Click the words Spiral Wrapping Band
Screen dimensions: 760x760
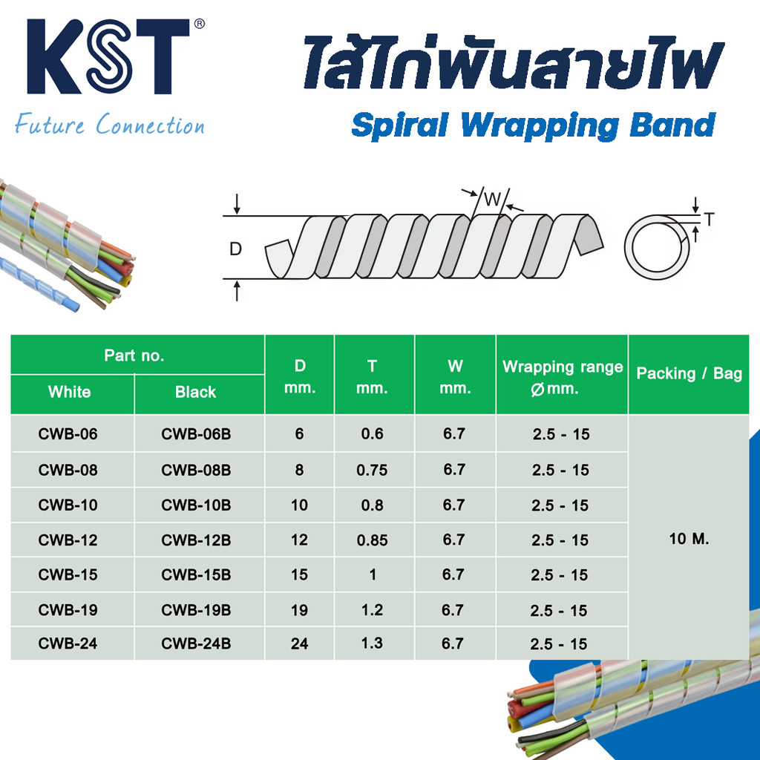pyautogui.click(x=533, y=125)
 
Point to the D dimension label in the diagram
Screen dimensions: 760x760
pyautogui.click(x=235, y=249)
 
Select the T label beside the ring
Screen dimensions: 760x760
pyautogui.click(x=709, y=219)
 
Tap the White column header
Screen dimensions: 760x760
pyautogui.click(x=69, y=393)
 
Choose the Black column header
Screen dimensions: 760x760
pyautogui.click(x=196, y=393)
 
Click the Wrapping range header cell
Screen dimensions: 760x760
pyautogui.click(x=562, y=376)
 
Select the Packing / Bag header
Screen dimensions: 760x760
pyautogui.click(x=689, y=373)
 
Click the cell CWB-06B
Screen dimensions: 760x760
pyautogui.click(x=196, y=434)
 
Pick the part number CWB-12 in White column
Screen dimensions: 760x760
pyautogui.click(x=68, y=540)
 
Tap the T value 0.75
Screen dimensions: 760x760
pyautogui.click(x=372, y=470)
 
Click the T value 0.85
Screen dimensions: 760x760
pyautogui.click(x=372, y=540)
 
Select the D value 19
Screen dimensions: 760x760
pyautogui.click(x=299, y=610)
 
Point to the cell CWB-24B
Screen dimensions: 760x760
pyautogui.click(x=196, y=643)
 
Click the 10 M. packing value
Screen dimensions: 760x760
pyautogui.click(x=689, y=539)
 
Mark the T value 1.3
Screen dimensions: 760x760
pyautogui.click(x=372, y=643)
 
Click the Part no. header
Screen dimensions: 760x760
pyautogui.click(x=134, y=356)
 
